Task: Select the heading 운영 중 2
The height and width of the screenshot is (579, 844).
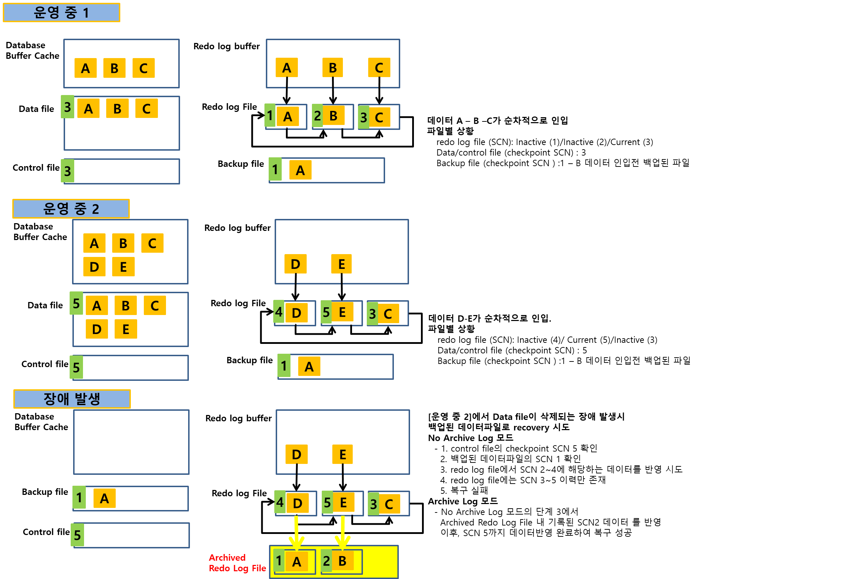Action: pos(71,209)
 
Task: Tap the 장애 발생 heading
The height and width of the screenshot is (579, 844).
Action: pos(72,399)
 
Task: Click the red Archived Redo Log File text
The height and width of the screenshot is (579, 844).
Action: pos(237,563)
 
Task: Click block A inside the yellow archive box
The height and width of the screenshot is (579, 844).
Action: pos(297,561)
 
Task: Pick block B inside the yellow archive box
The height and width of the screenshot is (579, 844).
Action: pos(343,561)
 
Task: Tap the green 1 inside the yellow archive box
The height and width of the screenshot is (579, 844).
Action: pos(279,560)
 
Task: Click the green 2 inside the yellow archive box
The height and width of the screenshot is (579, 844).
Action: pos(326,561)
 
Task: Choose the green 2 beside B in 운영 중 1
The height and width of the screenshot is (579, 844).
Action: pos(318,116)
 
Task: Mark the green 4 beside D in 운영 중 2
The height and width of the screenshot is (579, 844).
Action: pos(279,311)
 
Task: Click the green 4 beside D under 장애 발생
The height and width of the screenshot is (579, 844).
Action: pos(280,502)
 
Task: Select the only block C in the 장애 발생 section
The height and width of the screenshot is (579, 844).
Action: pos(389,504)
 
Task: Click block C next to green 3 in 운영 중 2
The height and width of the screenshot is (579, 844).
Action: pos(388,313)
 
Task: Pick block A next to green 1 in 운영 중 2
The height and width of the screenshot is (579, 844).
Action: pos(309,366)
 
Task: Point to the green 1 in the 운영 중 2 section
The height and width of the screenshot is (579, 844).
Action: pos(284,365)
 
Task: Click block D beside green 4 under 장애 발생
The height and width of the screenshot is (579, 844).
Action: pos(298,503)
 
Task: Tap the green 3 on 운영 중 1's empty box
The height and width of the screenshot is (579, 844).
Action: pos(68,171)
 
